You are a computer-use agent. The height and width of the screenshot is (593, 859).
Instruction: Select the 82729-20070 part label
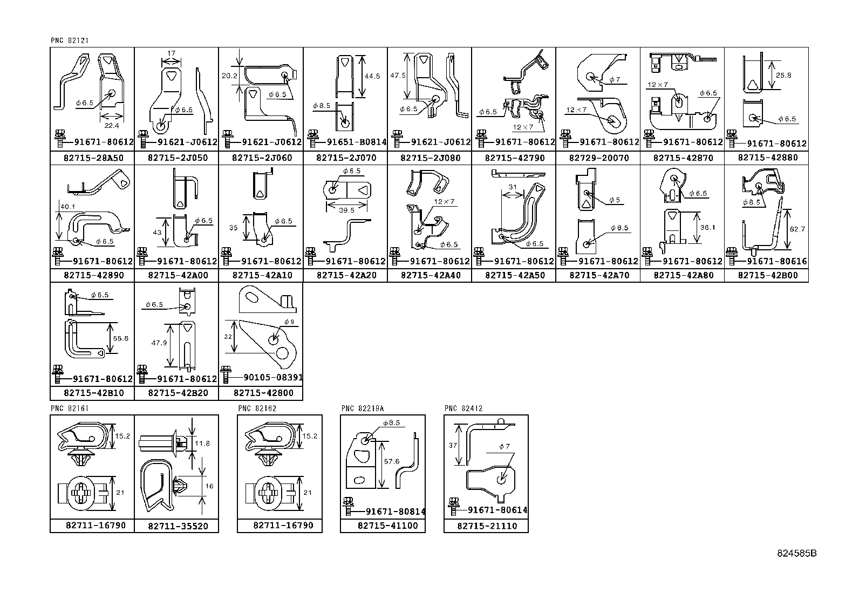tap(598, 158)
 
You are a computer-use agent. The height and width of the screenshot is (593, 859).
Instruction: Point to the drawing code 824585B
tap(796, 554)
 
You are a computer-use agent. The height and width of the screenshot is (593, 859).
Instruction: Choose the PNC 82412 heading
tap(463, 408)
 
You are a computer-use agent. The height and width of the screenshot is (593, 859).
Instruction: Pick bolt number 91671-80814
tap(395, 512)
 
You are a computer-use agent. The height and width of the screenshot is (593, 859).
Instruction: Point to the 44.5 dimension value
tap(372, 77)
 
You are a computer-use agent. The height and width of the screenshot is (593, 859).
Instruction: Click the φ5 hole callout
tap(615, 200)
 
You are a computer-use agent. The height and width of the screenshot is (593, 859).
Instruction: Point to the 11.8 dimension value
tap(203, 444)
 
